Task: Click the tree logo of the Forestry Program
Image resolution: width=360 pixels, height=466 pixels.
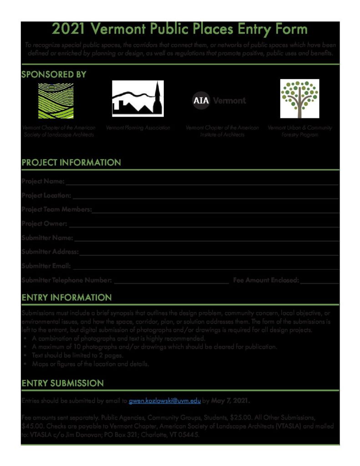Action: point(299,98)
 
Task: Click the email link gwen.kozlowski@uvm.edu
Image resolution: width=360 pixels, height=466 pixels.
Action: point(165,401)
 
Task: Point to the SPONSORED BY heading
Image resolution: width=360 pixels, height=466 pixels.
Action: point(54,75)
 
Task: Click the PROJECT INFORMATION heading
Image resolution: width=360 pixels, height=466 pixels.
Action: point(71,162)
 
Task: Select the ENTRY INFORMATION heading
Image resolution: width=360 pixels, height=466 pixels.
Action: point(66,298)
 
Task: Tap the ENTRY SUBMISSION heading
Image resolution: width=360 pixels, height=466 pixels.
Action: point(62,383)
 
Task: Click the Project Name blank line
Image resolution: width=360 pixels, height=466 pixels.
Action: point(202,182)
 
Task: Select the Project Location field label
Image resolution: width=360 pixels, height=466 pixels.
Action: point(46,195)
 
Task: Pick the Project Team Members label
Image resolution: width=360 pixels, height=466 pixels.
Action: point(56,209)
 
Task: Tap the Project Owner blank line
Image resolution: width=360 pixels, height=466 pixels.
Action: point(204,224)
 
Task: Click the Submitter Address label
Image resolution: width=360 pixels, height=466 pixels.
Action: point(50,252)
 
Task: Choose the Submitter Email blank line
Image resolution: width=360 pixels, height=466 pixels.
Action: point(206,267)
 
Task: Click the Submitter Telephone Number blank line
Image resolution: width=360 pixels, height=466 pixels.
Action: point(171,281)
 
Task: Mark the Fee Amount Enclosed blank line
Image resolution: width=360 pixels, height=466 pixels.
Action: point(319,281)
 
